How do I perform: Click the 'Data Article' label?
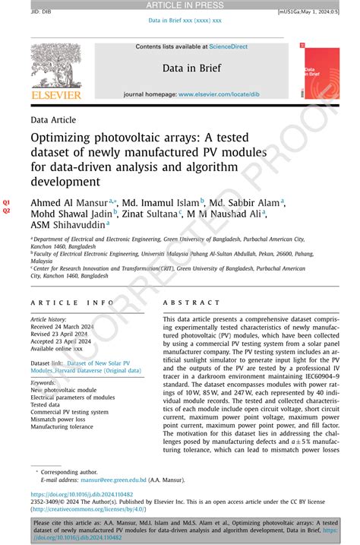tap(53, 121)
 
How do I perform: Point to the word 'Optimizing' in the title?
tap(65, 140)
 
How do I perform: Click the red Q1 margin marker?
tap(7, 201)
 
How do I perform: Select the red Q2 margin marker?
tap(7, 211)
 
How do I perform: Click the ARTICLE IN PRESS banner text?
tap(180, 6)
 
